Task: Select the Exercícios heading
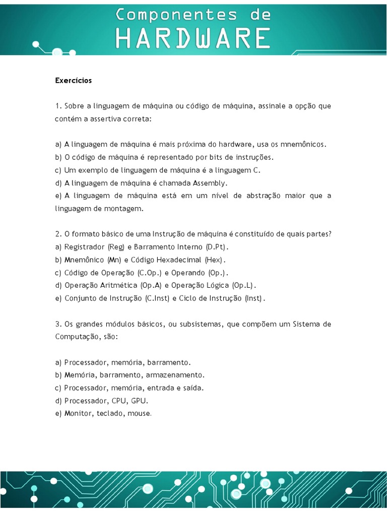click(x=74, y=80)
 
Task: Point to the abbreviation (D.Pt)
click(x=217, y=247)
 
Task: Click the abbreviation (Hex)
click(x=214, y=260)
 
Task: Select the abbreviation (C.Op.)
click(x=150, y=273)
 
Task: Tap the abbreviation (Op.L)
click(x=244, y=285)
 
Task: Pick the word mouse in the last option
click(x=140, y=414)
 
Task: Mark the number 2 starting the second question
click(x=57, y=234)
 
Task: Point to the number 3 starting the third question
click(x=57, y=324)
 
